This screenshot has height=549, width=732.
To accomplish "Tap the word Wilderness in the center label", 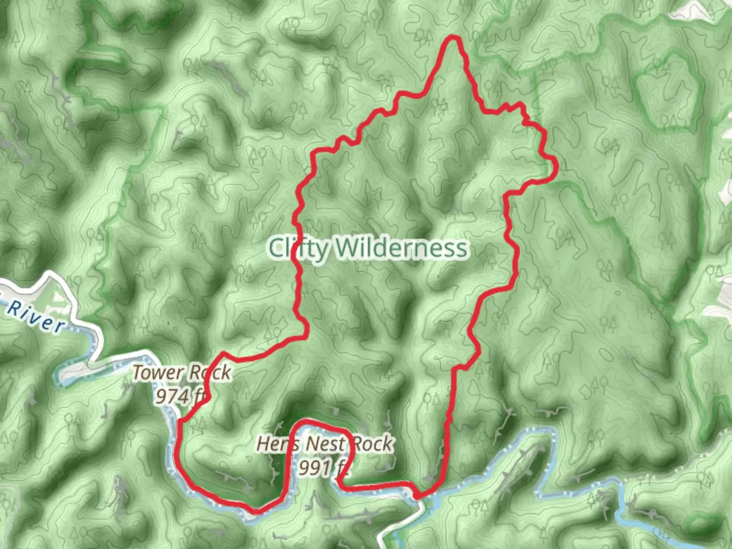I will click(x=401, y=249).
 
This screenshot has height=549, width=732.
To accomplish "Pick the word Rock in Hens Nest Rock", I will click(x=373, y=444).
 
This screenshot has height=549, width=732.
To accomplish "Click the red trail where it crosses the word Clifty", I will click(x=297, y=249).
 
